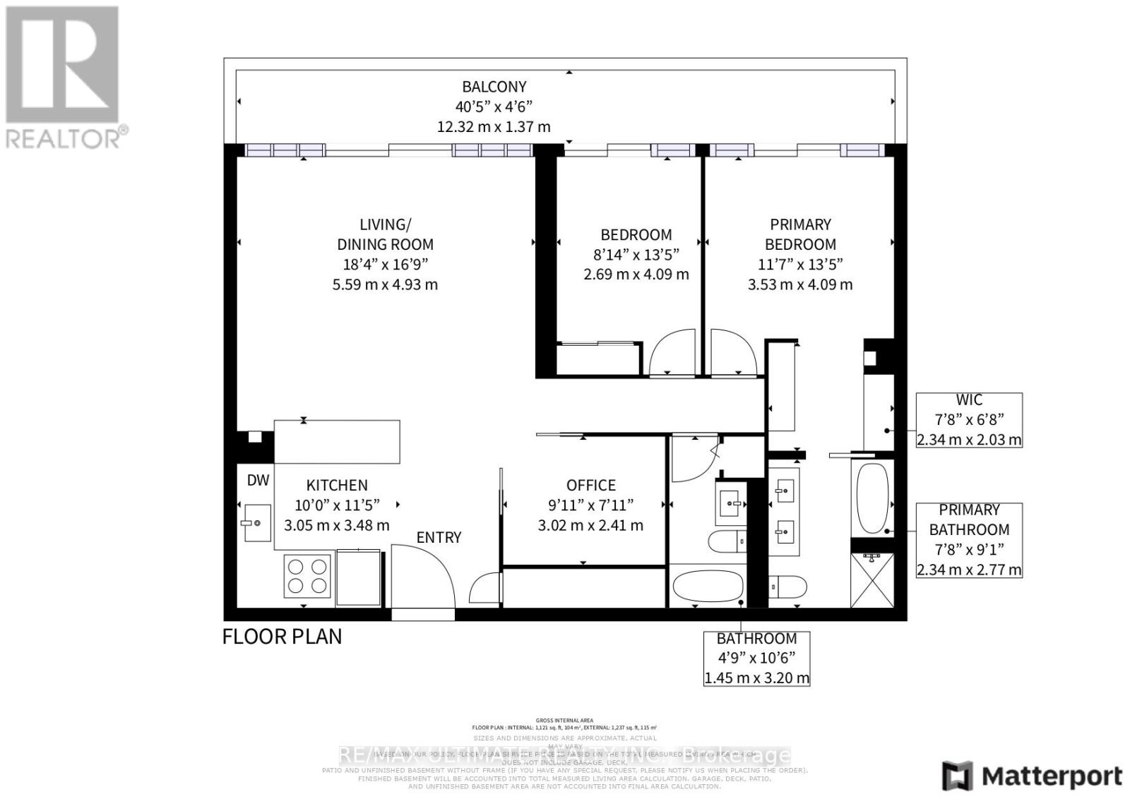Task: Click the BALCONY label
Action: tap(494, 87)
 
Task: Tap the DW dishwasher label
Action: tap(258, 481)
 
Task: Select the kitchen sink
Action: tap(256, 522)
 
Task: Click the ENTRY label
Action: tap(439, 538)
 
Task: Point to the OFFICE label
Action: tap(590, 486)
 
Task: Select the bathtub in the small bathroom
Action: tap(707, 585)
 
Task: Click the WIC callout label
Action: tap(968, 400)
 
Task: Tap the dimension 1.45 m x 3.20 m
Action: tap(756, 678)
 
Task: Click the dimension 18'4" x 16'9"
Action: tap(385, 265)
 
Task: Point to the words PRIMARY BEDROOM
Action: tap(800, 234)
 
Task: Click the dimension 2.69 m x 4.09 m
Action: tap(636, 275)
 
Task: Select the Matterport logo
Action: tap(1032, 776)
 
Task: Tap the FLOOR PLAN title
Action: tap(282, 637)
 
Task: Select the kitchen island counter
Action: tap(337, 441)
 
